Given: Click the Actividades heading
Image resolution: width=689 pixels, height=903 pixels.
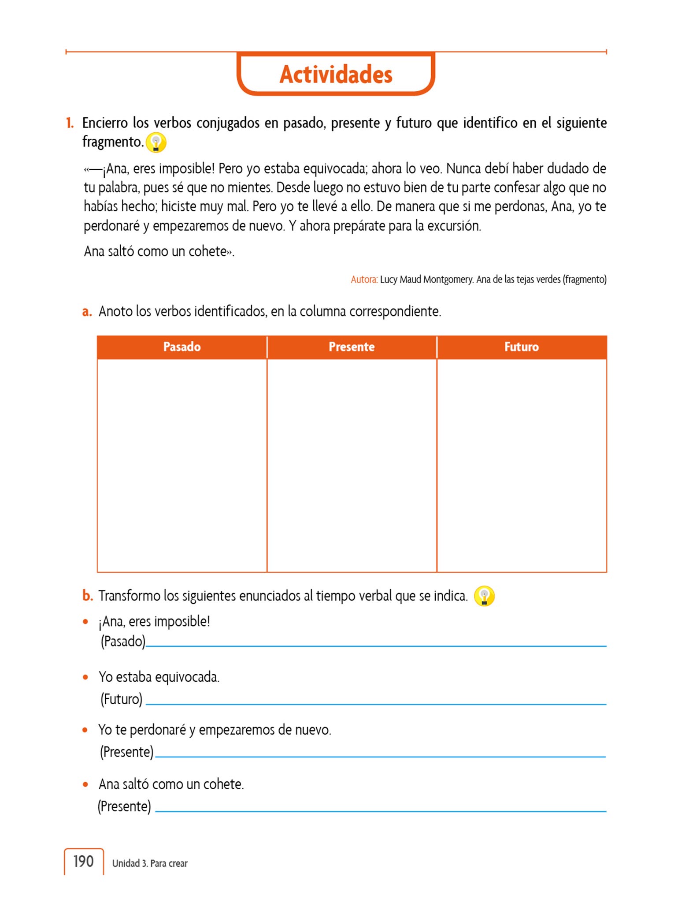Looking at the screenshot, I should (x=336, y=74).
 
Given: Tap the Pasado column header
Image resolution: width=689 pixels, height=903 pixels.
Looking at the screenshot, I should (x=182, y=347).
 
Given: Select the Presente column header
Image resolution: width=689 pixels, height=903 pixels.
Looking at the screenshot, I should (x=352, y=347).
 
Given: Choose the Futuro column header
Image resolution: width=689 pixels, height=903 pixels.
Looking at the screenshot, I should (x=521, y=347).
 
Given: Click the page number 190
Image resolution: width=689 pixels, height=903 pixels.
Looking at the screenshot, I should (x=83, y=861).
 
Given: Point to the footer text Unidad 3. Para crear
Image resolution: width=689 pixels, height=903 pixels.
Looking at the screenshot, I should (x=150, y=863).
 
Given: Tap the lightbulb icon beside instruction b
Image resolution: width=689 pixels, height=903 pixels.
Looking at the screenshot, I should (x=484, y=597).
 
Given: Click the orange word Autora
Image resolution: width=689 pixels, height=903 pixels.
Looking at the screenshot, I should (x=364, y=280).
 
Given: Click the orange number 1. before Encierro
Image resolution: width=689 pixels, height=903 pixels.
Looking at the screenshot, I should (x=70, y=123).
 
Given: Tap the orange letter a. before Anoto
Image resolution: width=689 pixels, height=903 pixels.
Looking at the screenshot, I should (x=87, y=312).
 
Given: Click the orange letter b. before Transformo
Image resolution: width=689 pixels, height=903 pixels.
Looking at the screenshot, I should (x=87, y=596).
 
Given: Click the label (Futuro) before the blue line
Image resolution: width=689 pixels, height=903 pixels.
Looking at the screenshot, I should (x=121, y=699).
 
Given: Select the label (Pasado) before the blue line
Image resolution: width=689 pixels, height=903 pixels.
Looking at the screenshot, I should (x=123, y=641).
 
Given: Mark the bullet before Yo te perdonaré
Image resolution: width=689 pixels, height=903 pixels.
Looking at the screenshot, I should (x=85, y=730).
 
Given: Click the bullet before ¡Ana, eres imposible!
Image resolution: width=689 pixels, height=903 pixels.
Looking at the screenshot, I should (x=85, y=622).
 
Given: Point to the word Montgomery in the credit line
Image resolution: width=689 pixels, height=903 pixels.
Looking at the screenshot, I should (x=448, y=280).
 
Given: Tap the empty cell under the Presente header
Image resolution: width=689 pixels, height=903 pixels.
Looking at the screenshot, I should (x=352, y=465).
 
